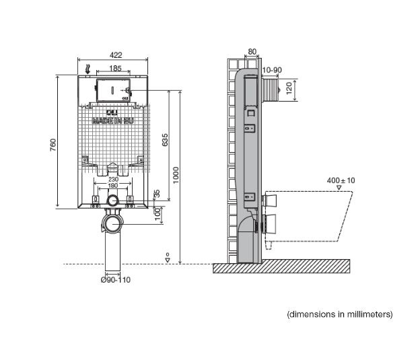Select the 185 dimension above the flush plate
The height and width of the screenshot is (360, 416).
click(x=114, y=69)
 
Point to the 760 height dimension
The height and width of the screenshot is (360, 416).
click(x=52, y=144)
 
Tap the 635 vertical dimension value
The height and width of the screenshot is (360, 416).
click(x=165, y=140)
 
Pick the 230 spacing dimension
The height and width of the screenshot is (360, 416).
click(x=114, y=180)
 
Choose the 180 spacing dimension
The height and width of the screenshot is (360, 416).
click(x=114, y=186)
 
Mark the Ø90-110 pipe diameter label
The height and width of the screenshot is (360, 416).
click(x=114, y=280)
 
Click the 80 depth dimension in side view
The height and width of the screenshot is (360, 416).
click(x=252, y=51)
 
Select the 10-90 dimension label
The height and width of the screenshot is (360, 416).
click(x=272, y=69)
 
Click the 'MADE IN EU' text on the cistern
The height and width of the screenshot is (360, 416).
click(x=112, y=122)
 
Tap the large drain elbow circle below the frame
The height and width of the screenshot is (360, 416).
click(x=113, y=222)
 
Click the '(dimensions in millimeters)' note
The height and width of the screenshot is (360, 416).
click(x=339, y=314)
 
